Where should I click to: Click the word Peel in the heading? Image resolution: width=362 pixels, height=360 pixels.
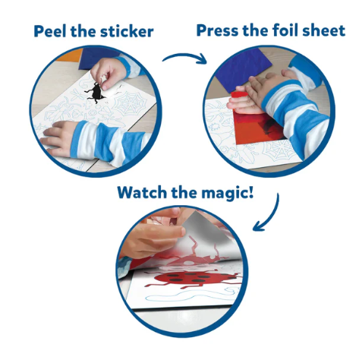click(x=51, y=31)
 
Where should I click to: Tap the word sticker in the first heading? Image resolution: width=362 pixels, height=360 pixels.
click(x=127, y=31)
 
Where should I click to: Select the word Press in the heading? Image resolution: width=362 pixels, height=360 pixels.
click(x=217, y=30)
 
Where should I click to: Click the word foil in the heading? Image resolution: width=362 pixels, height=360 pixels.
click(x=286, y=30)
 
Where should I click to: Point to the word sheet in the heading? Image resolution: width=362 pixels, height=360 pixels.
click(x=324, y=30)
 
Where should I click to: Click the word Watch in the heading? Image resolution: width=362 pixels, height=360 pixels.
click(x=142, y=193)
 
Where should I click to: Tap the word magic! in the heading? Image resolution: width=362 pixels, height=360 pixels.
click(x=228, y=194)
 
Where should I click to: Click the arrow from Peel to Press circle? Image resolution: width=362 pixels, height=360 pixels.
click(x=184, y=56)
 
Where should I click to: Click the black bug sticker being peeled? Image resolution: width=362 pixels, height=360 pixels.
click(x=96, y=92)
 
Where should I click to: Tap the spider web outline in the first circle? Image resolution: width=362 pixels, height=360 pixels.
click(x=130, y=103)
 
